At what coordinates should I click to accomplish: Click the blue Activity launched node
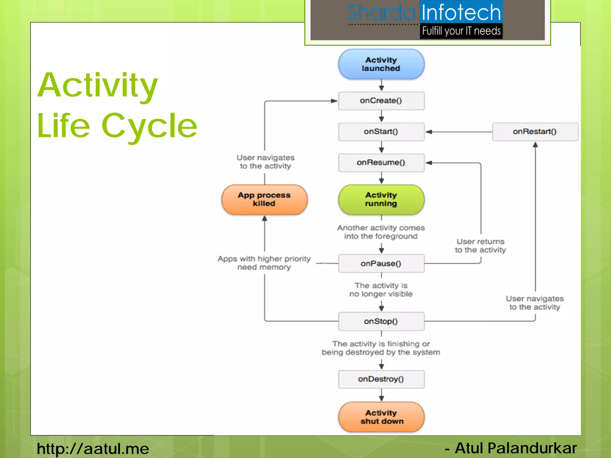point(381,64)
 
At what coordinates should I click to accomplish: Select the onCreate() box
point(381,101)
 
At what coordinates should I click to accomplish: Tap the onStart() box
point(381,131)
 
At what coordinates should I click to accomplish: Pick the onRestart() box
point(535,131)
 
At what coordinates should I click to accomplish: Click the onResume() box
point(381,163)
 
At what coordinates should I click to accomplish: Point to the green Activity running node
point(381,199)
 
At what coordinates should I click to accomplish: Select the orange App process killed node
point(264,199)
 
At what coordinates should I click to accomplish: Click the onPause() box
point(381,264)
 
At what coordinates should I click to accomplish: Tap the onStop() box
point(381,321)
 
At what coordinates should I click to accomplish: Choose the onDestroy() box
point(381,379)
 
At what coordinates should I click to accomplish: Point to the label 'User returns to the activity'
point(480,245)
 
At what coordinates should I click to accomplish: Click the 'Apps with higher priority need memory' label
point(264,263)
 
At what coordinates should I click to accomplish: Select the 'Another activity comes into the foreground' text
point(381,232)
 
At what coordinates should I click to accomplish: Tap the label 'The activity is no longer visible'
point(381,290)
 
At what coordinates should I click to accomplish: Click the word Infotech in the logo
point(461,13)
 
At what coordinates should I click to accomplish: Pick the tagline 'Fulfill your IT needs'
point(461,31)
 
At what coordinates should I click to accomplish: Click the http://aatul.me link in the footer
point(93,448)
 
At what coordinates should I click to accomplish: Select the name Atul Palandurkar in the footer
point(516,448)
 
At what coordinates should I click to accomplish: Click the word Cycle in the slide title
point(149,126)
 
